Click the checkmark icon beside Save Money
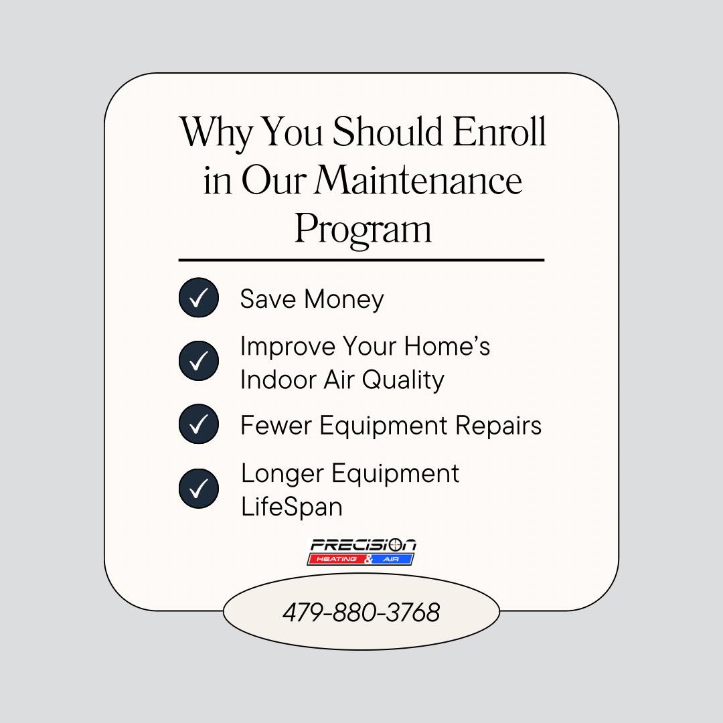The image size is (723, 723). click(x=199, y=297)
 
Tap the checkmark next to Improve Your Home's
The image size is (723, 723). click(x=199, y=361)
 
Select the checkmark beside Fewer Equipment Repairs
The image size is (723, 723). click(x=199, y=424)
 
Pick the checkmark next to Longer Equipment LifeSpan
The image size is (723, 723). click(x=199, y=488)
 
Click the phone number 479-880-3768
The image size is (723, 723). click(x=361, y=613)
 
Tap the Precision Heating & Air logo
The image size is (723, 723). click(x=361, y=552)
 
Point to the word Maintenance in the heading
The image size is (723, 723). click(x=418, y=180)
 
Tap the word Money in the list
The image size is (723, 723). click(x=344, y=300)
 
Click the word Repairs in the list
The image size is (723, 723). click(x=499, y=426)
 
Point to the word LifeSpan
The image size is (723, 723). click(x=291, y=507)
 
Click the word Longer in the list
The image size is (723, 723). click(x=283, y=475)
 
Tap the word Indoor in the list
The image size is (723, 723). click(x=278, y=380)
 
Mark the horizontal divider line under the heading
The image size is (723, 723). click(x=361, y=260)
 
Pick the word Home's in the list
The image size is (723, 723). click(x=447, y=346)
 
